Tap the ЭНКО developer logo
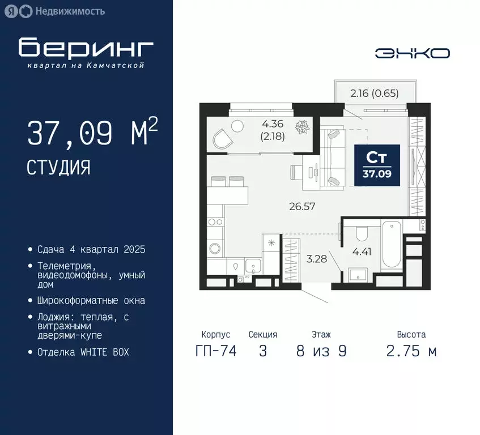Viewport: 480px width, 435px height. (x=413, y=53)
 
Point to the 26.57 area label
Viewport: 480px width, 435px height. (x=301, y=206)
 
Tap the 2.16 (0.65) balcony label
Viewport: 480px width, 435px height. (x=373, y=94)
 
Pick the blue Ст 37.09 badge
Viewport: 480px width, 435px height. (x=377, y=164)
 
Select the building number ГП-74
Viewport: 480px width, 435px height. (x=215, y=351)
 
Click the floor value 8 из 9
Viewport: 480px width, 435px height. (x=321, y=351)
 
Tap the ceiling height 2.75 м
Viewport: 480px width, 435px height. (x=411, y=351)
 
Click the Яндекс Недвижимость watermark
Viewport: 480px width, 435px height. (x=63, y=11)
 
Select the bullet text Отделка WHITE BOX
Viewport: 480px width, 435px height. (x=83, y=352)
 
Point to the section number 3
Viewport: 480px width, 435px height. (x=262, y=351)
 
